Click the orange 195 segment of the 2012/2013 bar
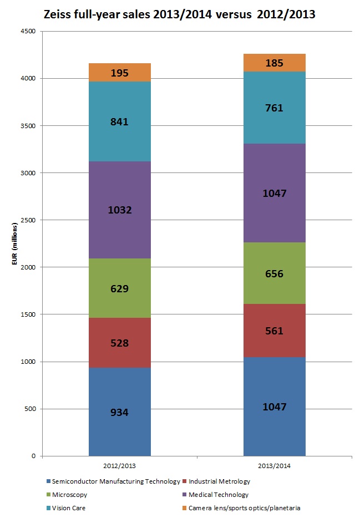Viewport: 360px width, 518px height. (x=120, y=73)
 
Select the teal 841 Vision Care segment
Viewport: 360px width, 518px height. (x=120, y=121)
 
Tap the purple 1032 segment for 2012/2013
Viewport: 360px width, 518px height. (x=120, y=210)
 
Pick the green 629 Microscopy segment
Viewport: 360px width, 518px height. (x=120, y=288)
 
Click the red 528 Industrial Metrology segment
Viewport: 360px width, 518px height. (x=120, y=343)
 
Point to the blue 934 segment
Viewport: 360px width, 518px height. (x=120, y=412)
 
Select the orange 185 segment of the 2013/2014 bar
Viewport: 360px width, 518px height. (x=275, y=63)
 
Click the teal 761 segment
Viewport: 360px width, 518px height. (x=275, y=108)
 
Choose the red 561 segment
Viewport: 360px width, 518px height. (x=275, y=331)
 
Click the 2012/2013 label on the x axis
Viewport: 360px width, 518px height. (x=120, y=466)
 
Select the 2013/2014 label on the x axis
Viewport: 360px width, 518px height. (x=275, y=466)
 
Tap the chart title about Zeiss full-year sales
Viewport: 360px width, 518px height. (x=179, y=14)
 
